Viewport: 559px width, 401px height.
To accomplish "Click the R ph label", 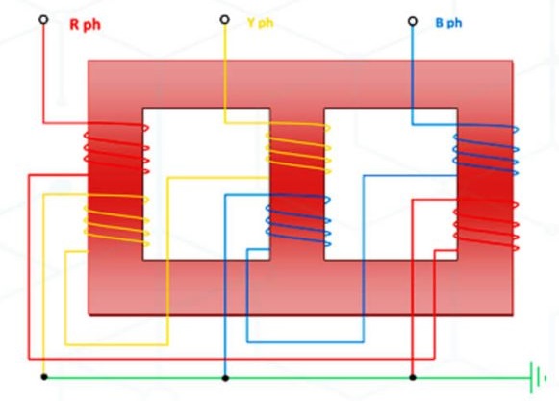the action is [x=85, y=25].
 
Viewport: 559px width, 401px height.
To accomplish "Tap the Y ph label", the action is [x=261, y=23].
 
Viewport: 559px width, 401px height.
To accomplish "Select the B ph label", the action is [x=449, y=23].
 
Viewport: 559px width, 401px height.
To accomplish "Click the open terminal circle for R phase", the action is [x=43, y=19].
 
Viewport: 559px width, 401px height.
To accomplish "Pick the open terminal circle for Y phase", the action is [x=224, y=19].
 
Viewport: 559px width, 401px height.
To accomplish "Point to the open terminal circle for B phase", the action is [x=413, y=21].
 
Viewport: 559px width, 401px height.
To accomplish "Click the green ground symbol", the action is [x=538, y=378].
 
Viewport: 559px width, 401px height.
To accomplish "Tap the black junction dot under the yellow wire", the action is [x=44, y=377].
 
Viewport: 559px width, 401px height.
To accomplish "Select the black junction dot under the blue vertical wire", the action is [x=225, y=378].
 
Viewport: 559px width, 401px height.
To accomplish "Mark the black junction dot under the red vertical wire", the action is [x=413, y=377].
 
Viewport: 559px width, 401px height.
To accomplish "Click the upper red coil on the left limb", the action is [x=116, y=147].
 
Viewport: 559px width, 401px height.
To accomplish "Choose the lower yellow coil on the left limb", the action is [x=116, y=220].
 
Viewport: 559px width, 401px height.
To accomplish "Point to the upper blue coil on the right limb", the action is [x=486, y=150].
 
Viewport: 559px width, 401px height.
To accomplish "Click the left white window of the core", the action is [x=206, y=184].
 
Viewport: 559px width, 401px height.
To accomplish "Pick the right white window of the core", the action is [x=391, y=184].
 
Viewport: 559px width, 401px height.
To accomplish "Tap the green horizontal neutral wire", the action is [x=287, y=378].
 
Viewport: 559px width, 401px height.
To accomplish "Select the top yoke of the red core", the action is [x=300, y=84].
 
